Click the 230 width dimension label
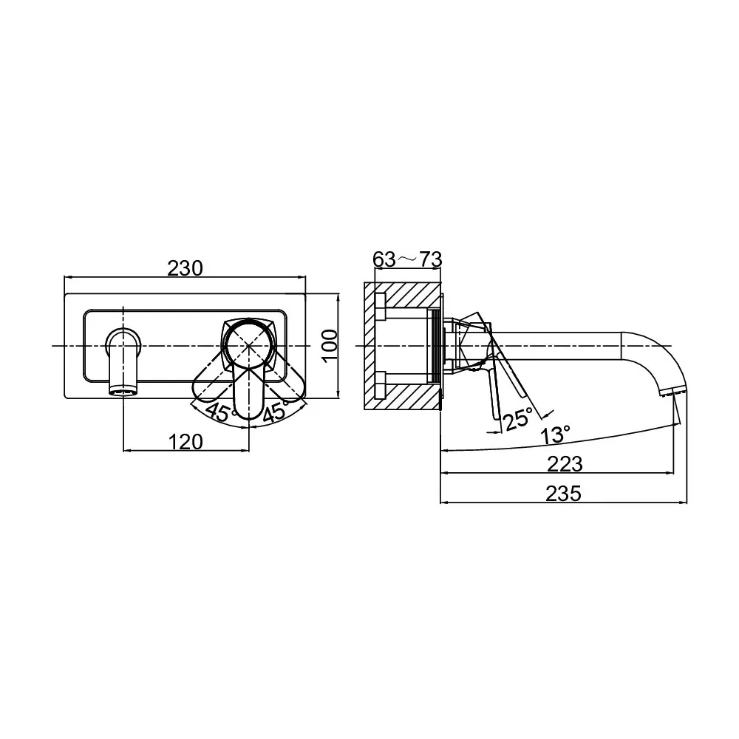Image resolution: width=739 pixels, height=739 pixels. coord(185,268)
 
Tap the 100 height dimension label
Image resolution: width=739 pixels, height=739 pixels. coord(330,345)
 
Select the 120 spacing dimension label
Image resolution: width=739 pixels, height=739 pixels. coord(185,442)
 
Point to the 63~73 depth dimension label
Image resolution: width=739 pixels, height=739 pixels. coord(407,259)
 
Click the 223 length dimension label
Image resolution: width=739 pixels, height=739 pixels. coord(565,464)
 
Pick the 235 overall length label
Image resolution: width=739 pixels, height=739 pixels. coord(564,494)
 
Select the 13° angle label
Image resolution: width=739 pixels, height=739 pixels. coord(555,434)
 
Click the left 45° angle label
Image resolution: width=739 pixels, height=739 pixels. coord(220,412)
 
